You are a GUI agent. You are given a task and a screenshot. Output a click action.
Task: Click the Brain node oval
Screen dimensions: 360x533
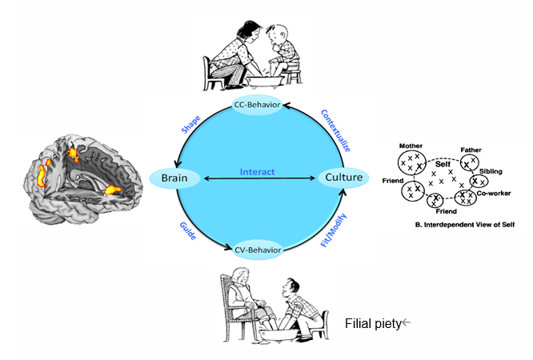tap(174, 178)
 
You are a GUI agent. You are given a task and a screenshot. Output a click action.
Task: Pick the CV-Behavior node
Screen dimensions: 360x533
tap(258, 250)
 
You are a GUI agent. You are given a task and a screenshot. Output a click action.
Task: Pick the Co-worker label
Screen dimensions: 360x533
tap(496, 193)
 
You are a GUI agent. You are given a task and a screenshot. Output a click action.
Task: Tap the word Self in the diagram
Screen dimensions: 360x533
tap(443, 163)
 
